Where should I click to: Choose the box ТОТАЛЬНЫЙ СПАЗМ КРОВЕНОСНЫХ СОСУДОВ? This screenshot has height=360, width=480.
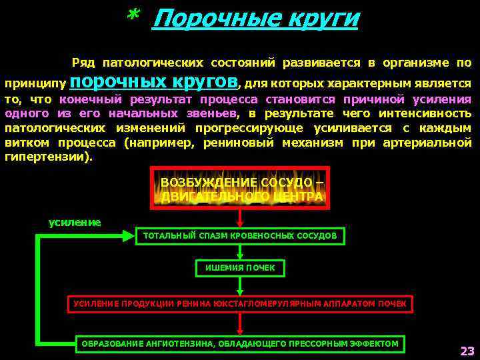point(240,235)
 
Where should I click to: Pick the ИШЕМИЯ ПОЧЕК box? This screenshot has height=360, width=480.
point(240,268)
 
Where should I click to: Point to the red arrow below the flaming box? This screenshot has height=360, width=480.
point(240,218)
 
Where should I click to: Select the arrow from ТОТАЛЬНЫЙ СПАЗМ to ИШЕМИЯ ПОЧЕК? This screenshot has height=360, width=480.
point(240,252)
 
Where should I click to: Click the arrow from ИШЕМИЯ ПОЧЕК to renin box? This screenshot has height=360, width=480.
point(240,285)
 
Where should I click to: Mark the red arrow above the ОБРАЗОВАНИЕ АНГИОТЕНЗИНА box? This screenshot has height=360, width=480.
point(240,323)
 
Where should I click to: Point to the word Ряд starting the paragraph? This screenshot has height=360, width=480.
point(83,63)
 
